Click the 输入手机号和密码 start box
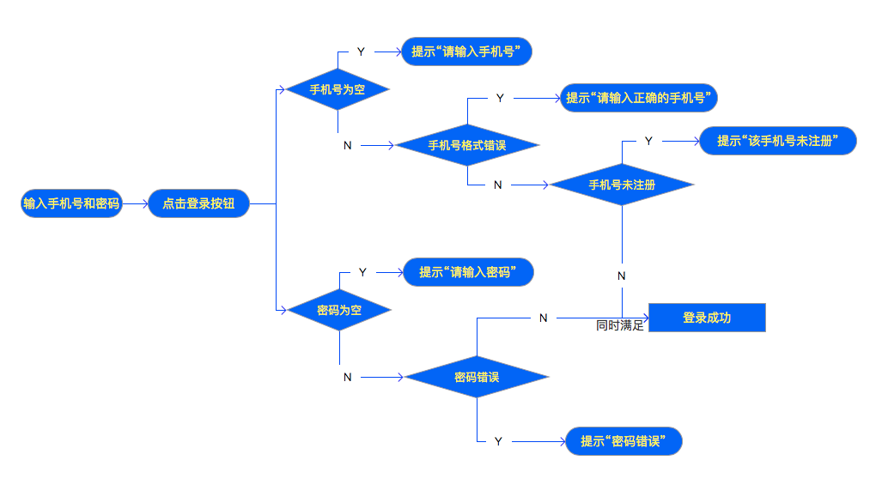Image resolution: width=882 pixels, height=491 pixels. tap(72, 203)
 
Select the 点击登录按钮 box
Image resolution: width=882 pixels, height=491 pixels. tap(198, 203)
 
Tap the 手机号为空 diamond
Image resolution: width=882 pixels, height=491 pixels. tap(338, 89)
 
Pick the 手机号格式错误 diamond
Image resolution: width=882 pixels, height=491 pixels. tap(467, 145)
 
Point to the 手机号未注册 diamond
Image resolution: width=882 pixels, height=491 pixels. tap(622, 185)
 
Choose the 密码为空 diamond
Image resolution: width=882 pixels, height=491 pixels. tap(339, 310)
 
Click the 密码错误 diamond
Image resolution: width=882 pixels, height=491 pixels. tap(477, 377)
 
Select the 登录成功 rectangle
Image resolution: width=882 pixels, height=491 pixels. tap(706, 318)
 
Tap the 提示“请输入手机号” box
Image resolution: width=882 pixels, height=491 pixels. tap(467, 52)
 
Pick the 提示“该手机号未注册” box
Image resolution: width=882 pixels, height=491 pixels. tap(778, 141)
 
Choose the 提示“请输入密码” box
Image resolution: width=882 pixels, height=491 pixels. tap(469, 273)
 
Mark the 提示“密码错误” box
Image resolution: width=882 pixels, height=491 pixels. tap(624, 441)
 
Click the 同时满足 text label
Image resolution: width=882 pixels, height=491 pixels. tap(620, 326)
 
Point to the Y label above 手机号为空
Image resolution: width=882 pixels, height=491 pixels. tap(361, 52)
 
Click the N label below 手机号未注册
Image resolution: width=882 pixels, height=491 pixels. tap(622, 276)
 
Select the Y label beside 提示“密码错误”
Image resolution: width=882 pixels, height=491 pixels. tap(498, 441)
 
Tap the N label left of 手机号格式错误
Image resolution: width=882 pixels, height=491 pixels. tap(347, 145)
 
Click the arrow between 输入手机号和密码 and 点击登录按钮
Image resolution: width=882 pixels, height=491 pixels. tap(136, 204)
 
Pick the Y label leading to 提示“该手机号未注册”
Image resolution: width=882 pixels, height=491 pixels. tap(648, 141)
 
